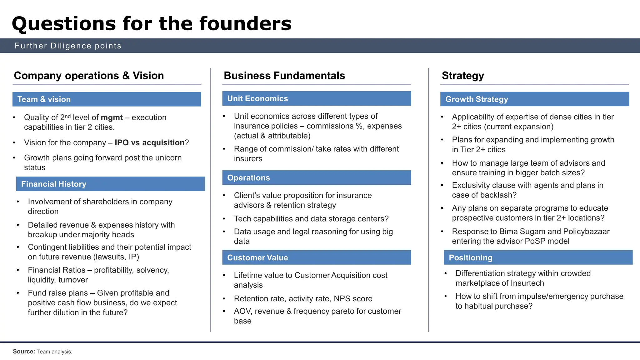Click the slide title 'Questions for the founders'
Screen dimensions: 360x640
(x=152, y=24)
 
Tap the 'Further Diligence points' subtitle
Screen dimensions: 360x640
(x=68, y=46)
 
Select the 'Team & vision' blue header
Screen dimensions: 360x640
(x=44, y=99)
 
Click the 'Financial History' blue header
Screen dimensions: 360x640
(x=54, y=184)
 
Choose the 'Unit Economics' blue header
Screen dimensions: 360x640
(x=257, y=99)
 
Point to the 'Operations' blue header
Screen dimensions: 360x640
(x=248, y=178)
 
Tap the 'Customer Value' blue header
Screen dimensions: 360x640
(x=257, y=258)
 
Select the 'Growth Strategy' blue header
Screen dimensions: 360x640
(x=477, y=99)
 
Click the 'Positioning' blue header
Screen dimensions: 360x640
(x=470, y=258)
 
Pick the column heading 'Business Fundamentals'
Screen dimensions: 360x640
(x=284, y=76)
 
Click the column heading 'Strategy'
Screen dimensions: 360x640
(x=463, y=76)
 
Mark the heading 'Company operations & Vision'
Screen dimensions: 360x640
(x=89, y=76)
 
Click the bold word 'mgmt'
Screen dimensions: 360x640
(x=112, y=117)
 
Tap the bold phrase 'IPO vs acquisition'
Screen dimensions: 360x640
(x=149, y=143)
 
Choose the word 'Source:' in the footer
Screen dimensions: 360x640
(x=24, y=352)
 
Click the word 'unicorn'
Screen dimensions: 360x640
(x=168, y=158)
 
